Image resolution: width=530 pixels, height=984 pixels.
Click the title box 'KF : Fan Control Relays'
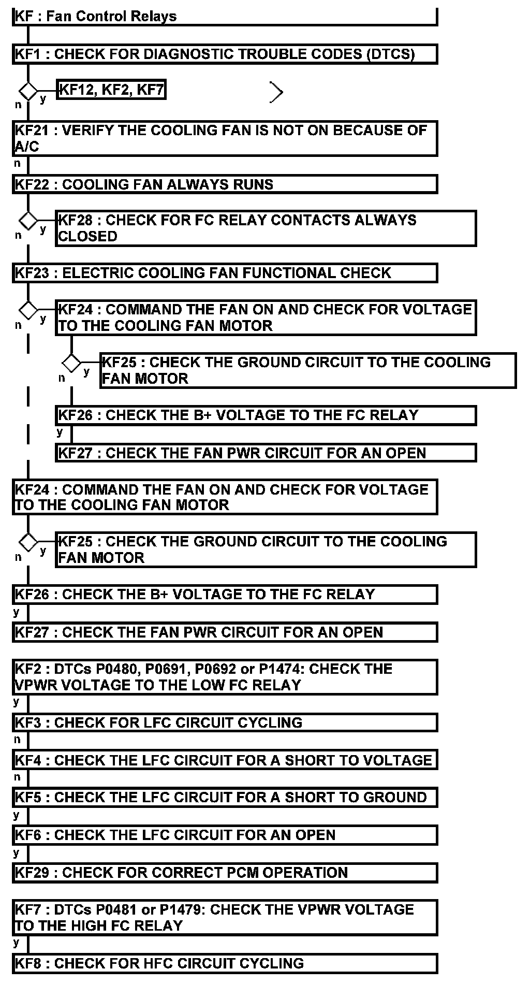[225, 17]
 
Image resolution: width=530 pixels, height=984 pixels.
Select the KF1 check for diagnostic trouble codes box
[225, 54]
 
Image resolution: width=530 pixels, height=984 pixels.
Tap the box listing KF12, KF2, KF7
[111, 90]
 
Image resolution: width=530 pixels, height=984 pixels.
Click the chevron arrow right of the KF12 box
[277, 93]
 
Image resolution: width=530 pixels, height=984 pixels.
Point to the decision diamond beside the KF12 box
[28, 92]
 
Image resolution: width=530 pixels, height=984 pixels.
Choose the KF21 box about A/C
[225, 138]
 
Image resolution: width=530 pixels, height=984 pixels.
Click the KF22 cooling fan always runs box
[225, 185]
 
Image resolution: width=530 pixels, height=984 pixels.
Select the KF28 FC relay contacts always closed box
[266, 228]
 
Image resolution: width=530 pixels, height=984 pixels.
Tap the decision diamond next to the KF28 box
[28, 221]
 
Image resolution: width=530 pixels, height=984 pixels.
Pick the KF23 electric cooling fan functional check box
[225, 273]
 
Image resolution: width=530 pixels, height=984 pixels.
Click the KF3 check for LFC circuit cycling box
[225, 722]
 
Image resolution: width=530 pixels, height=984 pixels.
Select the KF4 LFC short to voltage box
[225, 760]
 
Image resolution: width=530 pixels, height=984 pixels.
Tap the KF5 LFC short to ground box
[225, 797]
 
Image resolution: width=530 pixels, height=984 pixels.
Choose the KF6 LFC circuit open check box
[225, 835]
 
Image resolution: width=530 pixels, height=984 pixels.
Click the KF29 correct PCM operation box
[225, 873]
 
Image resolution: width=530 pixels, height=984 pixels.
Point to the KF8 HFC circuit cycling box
[225, 964]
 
